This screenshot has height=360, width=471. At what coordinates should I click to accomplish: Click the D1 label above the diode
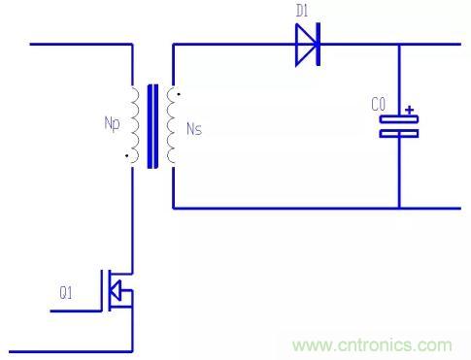[x=302, y=11]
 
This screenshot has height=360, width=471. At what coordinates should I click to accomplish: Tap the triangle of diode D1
[x=306, y=45]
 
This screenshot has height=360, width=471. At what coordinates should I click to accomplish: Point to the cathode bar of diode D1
[x=319, y=45]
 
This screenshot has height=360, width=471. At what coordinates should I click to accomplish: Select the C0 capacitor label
[x=378, y=104]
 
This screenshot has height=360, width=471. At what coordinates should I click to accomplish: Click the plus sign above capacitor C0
[x=410, y=110]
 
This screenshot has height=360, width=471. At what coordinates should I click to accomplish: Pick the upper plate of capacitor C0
[x=399, y=119]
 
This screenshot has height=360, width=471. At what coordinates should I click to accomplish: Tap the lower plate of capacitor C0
[x=399, y=134]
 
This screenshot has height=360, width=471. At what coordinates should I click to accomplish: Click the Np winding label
[x=112, y=124]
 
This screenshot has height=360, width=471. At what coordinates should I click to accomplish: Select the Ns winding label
[x=194, y=129]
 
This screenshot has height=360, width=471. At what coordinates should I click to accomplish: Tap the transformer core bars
[x=152, y=126]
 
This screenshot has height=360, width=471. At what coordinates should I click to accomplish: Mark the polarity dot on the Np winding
[x=126, y=156]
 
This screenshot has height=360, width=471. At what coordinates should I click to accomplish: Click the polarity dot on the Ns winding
[x=179, y=94]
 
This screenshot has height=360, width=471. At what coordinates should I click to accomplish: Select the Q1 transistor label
[x=66, y=293]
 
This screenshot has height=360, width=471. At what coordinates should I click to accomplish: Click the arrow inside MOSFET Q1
[x=116, y=290]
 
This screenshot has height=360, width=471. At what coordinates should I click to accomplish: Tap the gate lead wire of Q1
[x=76, y=311]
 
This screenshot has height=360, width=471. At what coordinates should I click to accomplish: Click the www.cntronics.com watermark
[x=372, y=345]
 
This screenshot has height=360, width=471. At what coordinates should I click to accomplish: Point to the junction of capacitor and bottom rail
[x=399, y=208]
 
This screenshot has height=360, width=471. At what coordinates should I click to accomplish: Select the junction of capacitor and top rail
[x=399, y=45]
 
